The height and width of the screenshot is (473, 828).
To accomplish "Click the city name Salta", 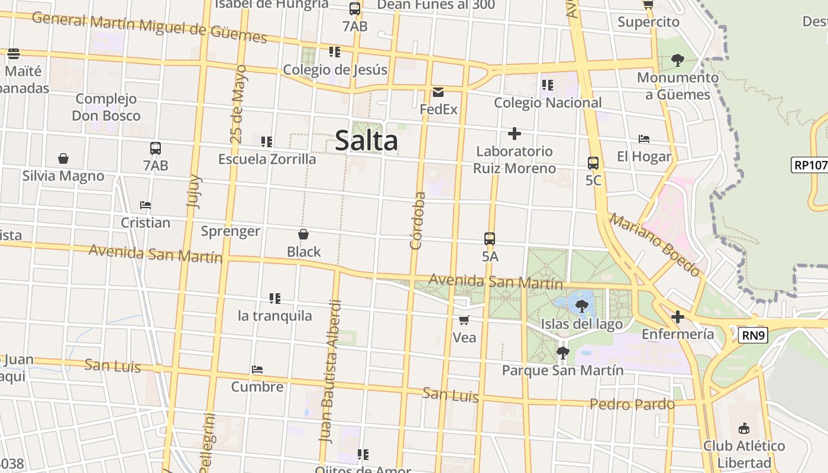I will (366, 141).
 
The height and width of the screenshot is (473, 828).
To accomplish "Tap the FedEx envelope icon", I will (438, 92).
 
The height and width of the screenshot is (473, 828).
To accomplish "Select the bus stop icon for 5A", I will (490, 239).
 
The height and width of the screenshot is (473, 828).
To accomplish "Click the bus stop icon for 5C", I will (593, 163).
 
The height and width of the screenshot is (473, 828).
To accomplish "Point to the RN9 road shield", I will (753, 336).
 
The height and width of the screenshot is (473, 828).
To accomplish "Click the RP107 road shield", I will (809, 164).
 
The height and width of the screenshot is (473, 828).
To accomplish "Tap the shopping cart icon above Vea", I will (464, 320).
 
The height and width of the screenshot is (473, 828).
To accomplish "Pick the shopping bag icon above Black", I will (303, 234).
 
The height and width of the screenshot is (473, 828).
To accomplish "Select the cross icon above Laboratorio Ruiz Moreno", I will (515, 134).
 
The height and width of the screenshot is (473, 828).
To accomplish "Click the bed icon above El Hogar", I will (644, 139).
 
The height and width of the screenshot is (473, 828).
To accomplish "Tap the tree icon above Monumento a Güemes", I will (678, 60).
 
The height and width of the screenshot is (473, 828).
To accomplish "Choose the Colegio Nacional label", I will (548, 103).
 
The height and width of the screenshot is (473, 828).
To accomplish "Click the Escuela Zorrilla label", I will (267, 159).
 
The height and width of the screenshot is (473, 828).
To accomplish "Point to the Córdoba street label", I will (418, 220).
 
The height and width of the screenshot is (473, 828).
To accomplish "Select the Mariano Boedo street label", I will (655, 245).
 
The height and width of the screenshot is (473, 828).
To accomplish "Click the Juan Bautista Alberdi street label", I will (331, 371).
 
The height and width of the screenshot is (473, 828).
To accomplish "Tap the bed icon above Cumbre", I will (257, 370).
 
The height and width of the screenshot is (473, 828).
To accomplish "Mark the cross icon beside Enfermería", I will (678, 317).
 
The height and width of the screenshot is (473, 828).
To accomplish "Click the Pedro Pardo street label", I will (632, 404).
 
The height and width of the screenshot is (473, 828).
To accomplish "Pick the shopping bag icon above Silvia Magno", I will (63, 158).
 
